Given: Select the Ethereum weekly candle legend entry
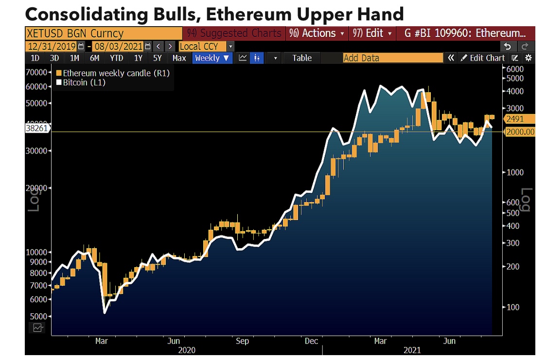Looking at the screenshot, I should click(x=115, y=73).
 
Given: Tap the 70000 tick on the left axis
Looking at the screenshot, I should click(x=38, y=72).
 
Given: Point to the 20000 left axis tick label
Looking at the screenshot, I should click(x=38, y=188).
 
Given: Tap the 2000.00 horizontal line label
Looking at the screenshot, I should click(x=520, y=132).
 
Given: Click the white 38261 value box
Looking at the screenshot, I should click(x=37, y=128).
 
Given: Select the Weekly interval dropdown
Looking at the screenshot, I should click(x=212, y=58).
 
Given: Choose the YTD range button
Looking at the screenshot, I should click(x=116, y=58).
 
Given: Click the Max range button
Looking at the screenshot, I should click(x=179, y=58).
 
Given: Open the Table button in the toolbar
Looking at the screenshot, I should click(x=301, y=58).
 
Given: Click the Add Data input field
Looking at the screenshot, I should click(x=392, y=58).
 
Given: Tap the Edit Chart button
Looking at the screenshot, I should click(x=483, y=58).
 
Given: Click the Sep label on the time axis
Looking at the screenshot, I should click(x=242, y=341).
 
